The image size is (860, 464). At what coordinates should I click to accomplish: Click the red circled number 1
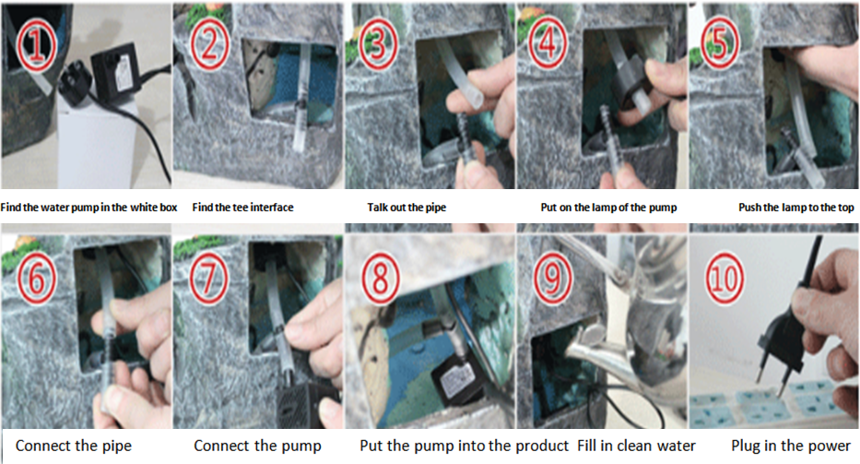point(36,45)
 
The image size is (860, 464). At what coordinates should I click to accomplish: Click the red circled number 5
point(721,43)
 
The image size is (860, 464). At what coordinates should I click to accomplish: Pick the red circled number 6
point(36,278)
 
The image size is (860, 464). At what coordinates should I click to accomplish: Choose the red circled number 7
point(209,279)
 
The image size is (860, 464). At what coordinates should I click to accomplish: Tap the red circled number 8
point(380,279)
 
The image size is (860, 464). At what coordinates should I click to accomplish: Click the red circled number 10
point(724,278)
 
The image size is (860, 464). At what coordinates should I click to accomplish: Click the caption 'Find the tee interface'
point(242,208)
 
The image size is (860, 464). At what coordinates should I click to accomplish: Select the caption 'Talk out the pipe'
point(406,208)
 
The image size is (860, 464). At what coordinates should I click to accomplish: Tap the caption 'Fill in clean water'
point(636,446)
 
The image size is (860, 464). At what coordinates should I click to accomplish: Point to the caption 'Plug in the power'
point(791,446)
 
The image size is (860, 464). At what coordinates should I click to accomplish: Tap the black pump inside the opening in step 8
point(454,379)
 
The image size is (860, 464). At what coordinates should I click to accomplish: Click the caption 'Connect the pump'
point(257,446)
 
